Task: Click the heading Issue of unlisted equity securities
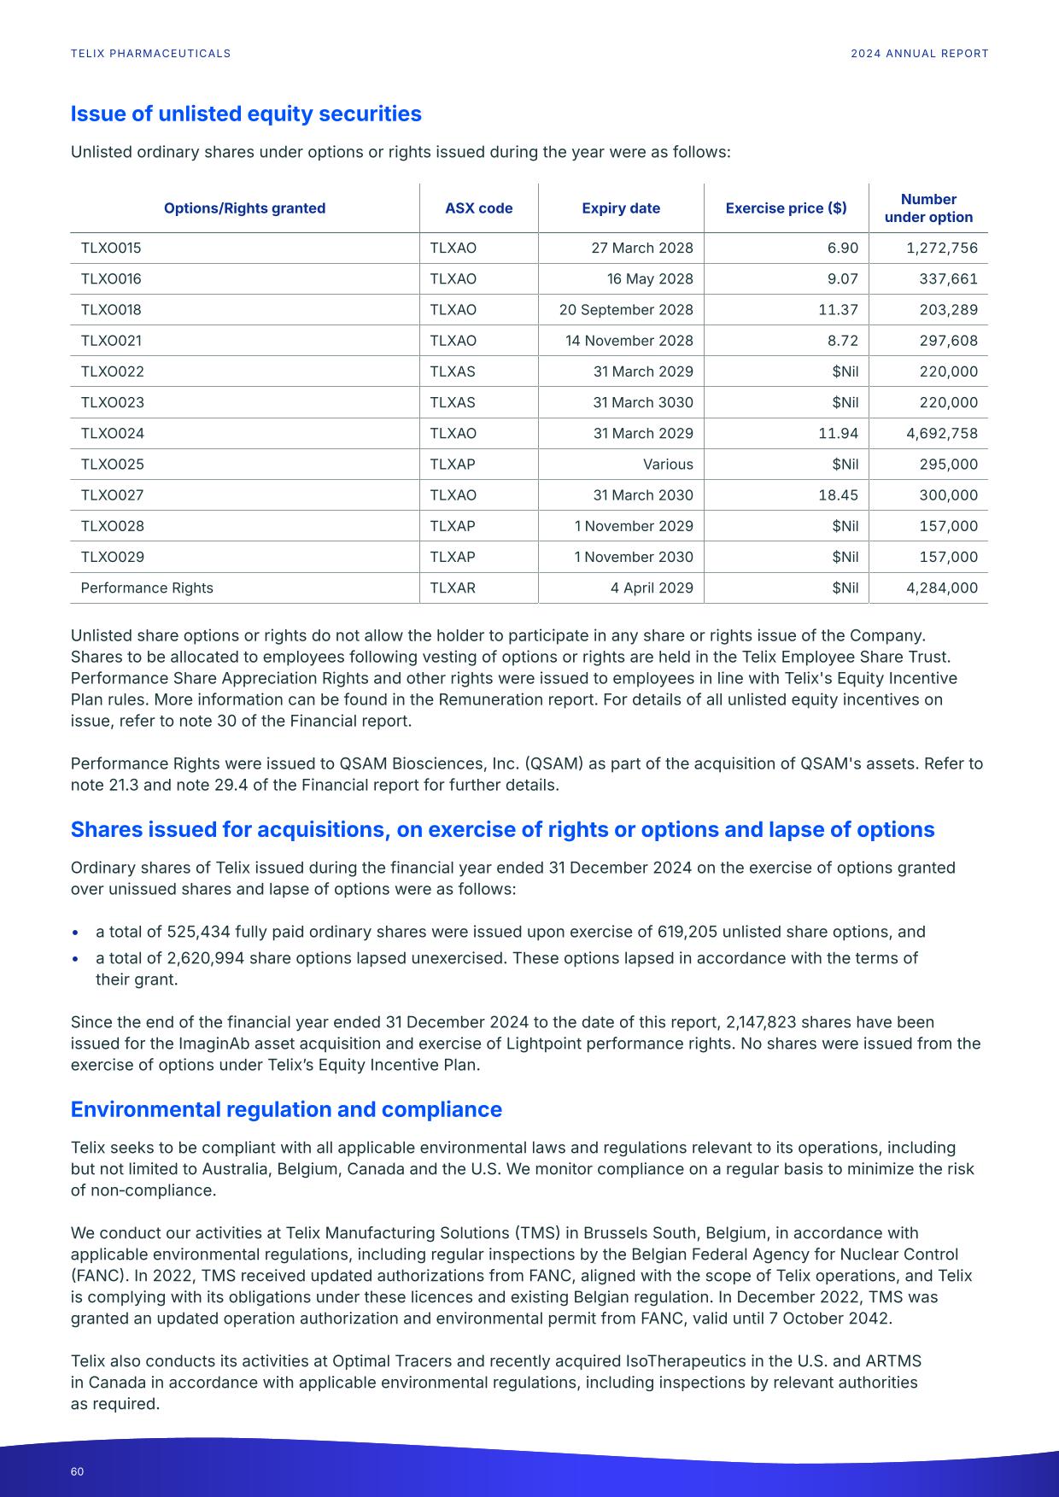click(x=246, y=114)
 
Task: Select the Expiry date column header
click(x=621, y=208)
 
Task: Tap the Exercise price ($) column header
click(x=786, y=208)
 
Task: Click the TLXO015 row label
click(x=111, y=249)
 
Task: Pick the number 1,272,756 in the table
click(x=941, y=249)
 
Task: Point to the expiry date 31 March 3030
click(x=643, y=402)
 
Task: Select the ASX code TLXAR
click(x=453, y=588)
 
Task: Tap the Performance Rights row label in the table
click(x=147, y=588)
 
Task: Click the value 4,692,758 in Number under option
click(x=941, y=433)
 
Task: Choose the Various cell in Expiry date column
click(x=668, y=465)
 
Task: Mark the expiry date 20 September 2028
click(x=626, y=310)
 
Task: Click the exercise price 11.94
click(x=838, y=433)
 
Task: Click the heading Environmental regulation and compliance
click(x=286, y=1109)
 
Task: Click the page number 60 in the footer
click(x=78, y=1471)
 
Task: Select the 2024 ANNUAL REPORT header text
click(x=919, y=53)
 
